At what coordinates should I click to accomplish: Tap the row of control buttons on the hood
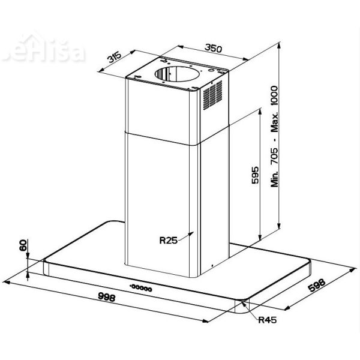pos(143,287)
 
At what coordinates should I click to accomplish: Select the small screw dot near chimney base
pos(211,265)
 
